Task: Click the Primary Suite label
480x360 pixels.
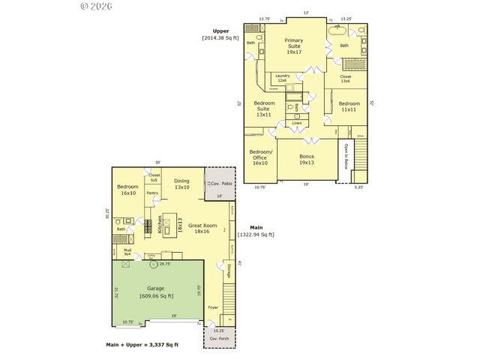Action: coord(293,46)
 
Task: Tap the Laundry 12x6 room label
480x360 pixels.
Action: coord(283,77)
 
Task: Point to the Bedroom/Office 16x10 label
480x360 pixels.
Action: coord(259,157)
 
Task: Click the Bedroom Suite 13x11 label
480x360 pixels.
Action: coord(264,109)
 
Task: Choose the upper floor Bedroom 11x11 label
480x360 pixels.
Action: coord(349,106)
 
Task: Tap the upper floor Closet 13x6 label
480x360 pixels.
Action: coord(345,79)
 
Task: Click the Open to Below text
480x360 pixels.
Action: coord(346,156)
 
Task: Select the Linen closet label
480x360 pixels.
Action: coord(297,123)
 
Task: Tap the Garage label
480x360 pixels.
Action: coord(156,292)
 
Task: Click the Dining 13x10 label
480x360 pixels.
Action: coord(182,184)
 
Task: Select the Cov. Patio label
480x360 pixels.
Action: coord(220,183)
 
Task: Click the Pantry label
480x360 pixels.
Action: coord(153,193)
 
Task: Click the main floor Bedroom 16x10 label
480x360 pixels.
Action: coord(127,190)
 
